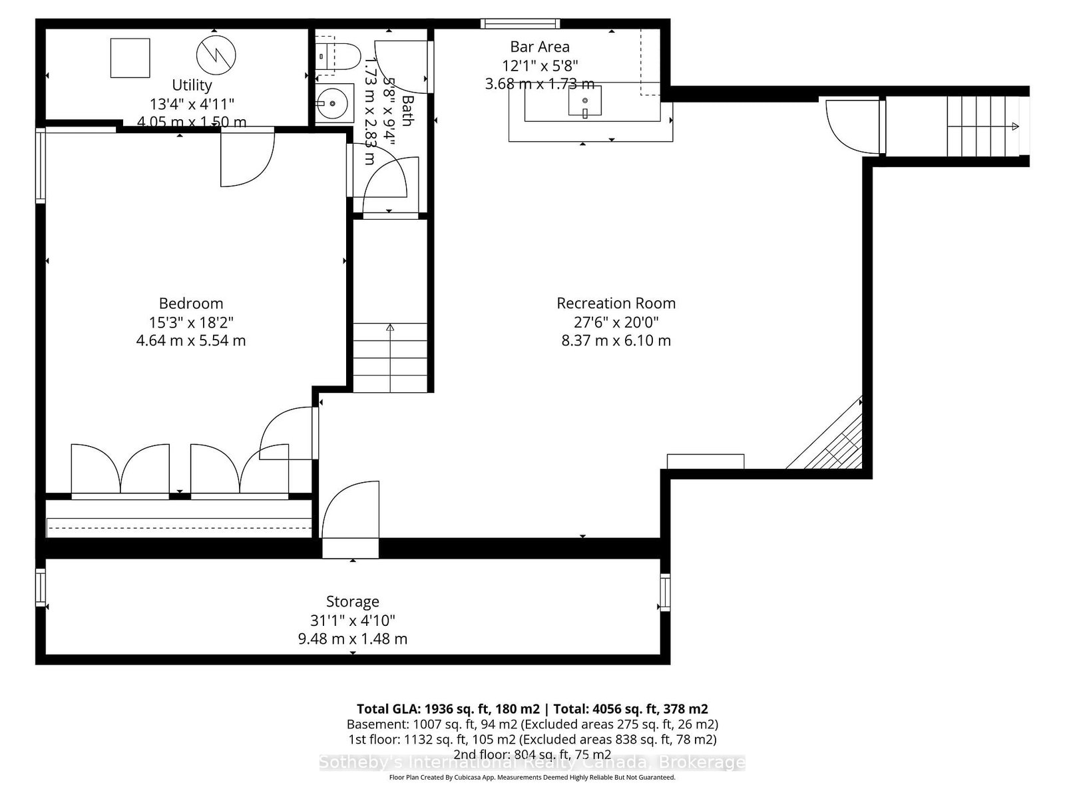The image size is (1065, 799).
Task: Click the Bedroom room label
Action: pos(190,304)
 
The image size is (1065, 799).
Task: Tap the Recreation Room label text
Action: pos(616,304)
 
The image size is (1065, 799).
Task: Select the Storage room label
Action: pos(352,601)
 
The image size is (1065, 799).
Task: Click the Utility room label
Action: pos(192,85)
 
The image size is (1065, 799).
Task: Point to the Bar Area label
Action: pos(539,47)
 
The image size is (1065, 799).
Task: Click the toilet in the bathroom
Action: pos(338,56)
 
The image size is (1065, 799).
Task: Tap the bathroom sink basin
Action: pos(333,103)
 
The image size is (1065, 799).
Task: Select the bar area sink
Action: pos(585,101)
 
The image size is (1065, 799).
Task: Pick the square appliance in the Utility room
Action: pos(130,58)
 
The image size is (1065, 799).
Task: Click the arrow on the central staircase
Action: pos(389,328)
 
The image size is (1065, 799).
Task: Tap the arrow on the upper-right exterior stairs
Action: pos(1014,127)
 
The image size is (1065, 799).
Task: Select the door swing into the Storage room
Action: pos(349,513)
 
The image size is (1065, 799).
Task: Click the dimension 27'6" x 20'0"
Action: pos(616,322)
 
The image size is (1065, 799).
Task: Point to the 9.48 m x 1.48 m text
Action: pos(352,639)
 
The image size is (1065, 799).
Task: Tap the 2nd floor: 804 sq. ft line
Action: pos(532,754)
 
